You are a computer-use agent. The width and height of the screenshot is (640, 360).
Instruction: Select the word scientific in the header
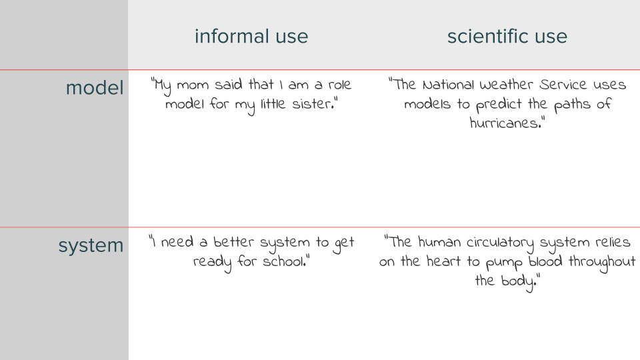tap(482, 36)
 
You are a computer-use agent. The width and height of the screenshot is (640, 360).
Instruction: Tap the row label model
tap(94, 87)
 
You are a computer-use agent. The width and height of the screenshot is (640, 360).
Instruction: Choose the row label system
tap(91, 245)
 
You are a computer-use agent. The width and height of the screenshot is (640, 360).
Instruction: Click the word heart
tap(441, 261)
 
